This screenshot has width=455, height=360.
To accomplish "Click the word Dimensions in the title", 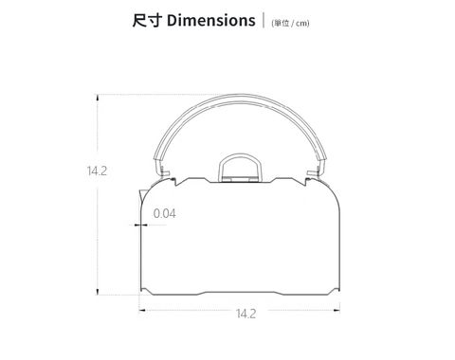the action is tap(210, 21).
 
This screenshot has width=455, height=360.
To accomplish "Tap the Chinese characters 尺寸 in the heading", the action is tap(147, 21).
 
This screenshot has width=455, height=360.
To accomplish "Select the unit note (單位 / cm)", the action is tap(290, 23).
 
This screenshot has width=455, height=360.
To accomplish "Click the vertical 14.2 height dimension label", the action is tap(97, 171).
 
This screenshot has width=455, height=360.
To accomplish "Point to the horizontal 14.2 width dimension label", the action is tap(246, 314).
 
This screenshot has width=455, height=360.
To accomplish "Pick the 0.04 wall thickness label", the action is tap(164, 213).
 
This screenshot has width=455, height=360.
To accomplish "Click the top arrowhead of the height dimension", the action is tap(98, 98).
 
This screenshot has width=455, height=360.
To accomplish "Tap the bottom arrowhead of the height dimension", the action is tap(98, 292).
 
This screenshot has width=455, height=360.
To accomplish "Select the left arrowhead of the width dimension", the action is tap(142, 310).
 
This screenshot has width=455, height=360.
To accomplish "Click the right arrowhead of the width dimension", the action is tap(337, 310).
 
